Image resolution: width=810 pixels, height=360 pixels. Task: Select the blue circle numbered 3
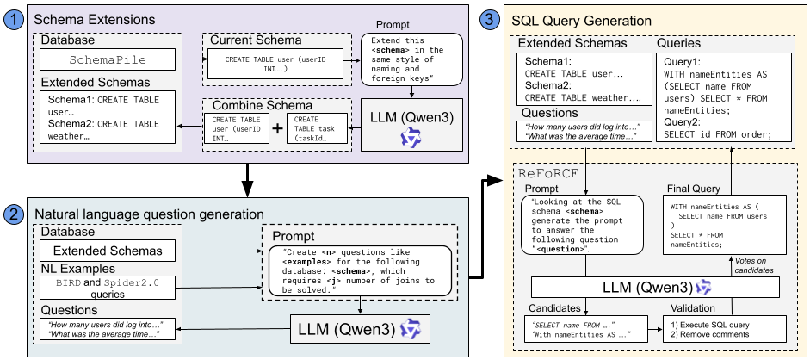(x=491, y=18)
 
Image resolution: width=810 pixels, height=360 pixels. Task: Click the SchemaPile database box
(x=108, y=60)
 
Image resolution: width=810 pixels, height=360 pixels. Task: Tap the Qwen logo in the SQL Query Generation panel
(x=704, y=285)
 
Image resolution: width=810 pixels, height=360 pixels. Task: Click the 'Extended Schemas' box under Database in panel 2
(x=107, y=251)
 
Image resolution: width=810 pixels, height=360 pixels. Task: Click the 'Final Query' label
(x=694, y=188)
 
